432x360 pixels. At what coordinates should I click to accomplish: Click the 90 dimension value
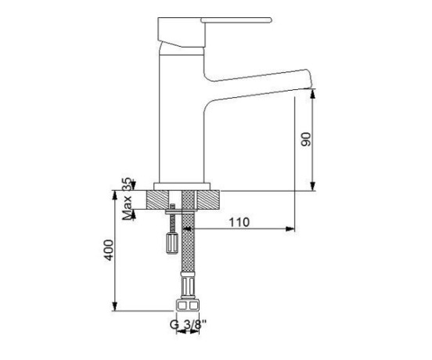306,139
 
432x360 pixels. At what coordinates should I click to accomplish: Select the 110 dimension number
239,222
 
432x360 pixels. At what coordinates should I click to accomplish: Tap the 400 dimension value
109,250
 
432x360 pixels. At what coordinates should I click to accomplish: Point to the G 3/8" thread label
188,325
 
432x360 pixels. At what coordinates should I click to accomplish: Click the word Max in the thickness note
127,208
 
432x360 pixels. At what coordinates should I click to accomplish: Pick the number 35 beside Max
127,185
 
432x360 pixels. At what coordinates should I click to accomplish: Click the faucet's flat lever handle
236,20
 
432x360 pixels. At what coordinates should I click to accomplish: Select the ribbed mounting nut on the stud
172,243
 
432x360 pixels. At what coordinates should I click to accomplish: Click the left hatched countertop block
157,200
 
